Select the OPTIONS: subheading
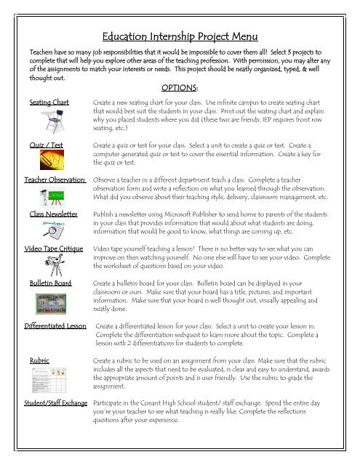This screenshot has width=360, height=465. click(x=189, y=88)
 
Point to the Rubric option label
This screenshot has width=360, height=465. click(x=39, y=360)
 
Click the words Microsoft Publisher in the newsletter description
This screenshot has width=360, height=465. click(x=225, y=216)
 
